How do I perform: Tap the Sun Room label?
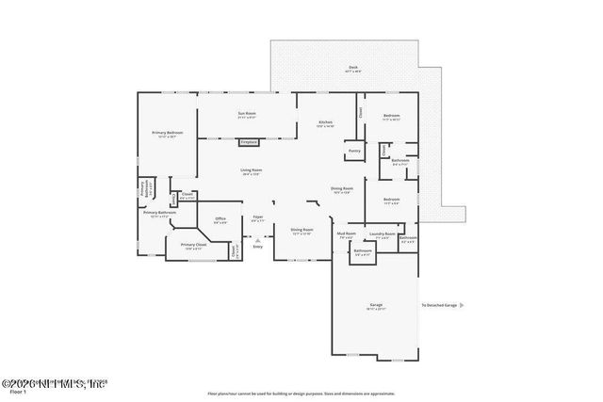click(247, 115)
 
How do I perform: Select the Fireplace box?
click(249, 142)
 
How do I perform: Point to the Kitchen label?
click(325, 123)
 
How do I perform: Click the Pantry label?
click(354, 151)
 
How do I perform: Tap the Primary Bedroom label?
click(168, 134)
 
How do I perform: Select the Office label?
click(220, 220)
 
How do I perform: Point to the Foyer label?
click(257, 218)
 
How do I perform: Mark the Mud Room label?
click(346, 234)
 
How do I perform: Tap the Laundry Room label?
click(382, 234)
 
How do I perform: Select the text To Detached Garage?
click(438, 305)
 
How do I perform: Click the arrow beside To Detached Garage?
click(461, 305)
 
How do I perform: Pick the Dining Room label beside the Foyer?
click(301, 231)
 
